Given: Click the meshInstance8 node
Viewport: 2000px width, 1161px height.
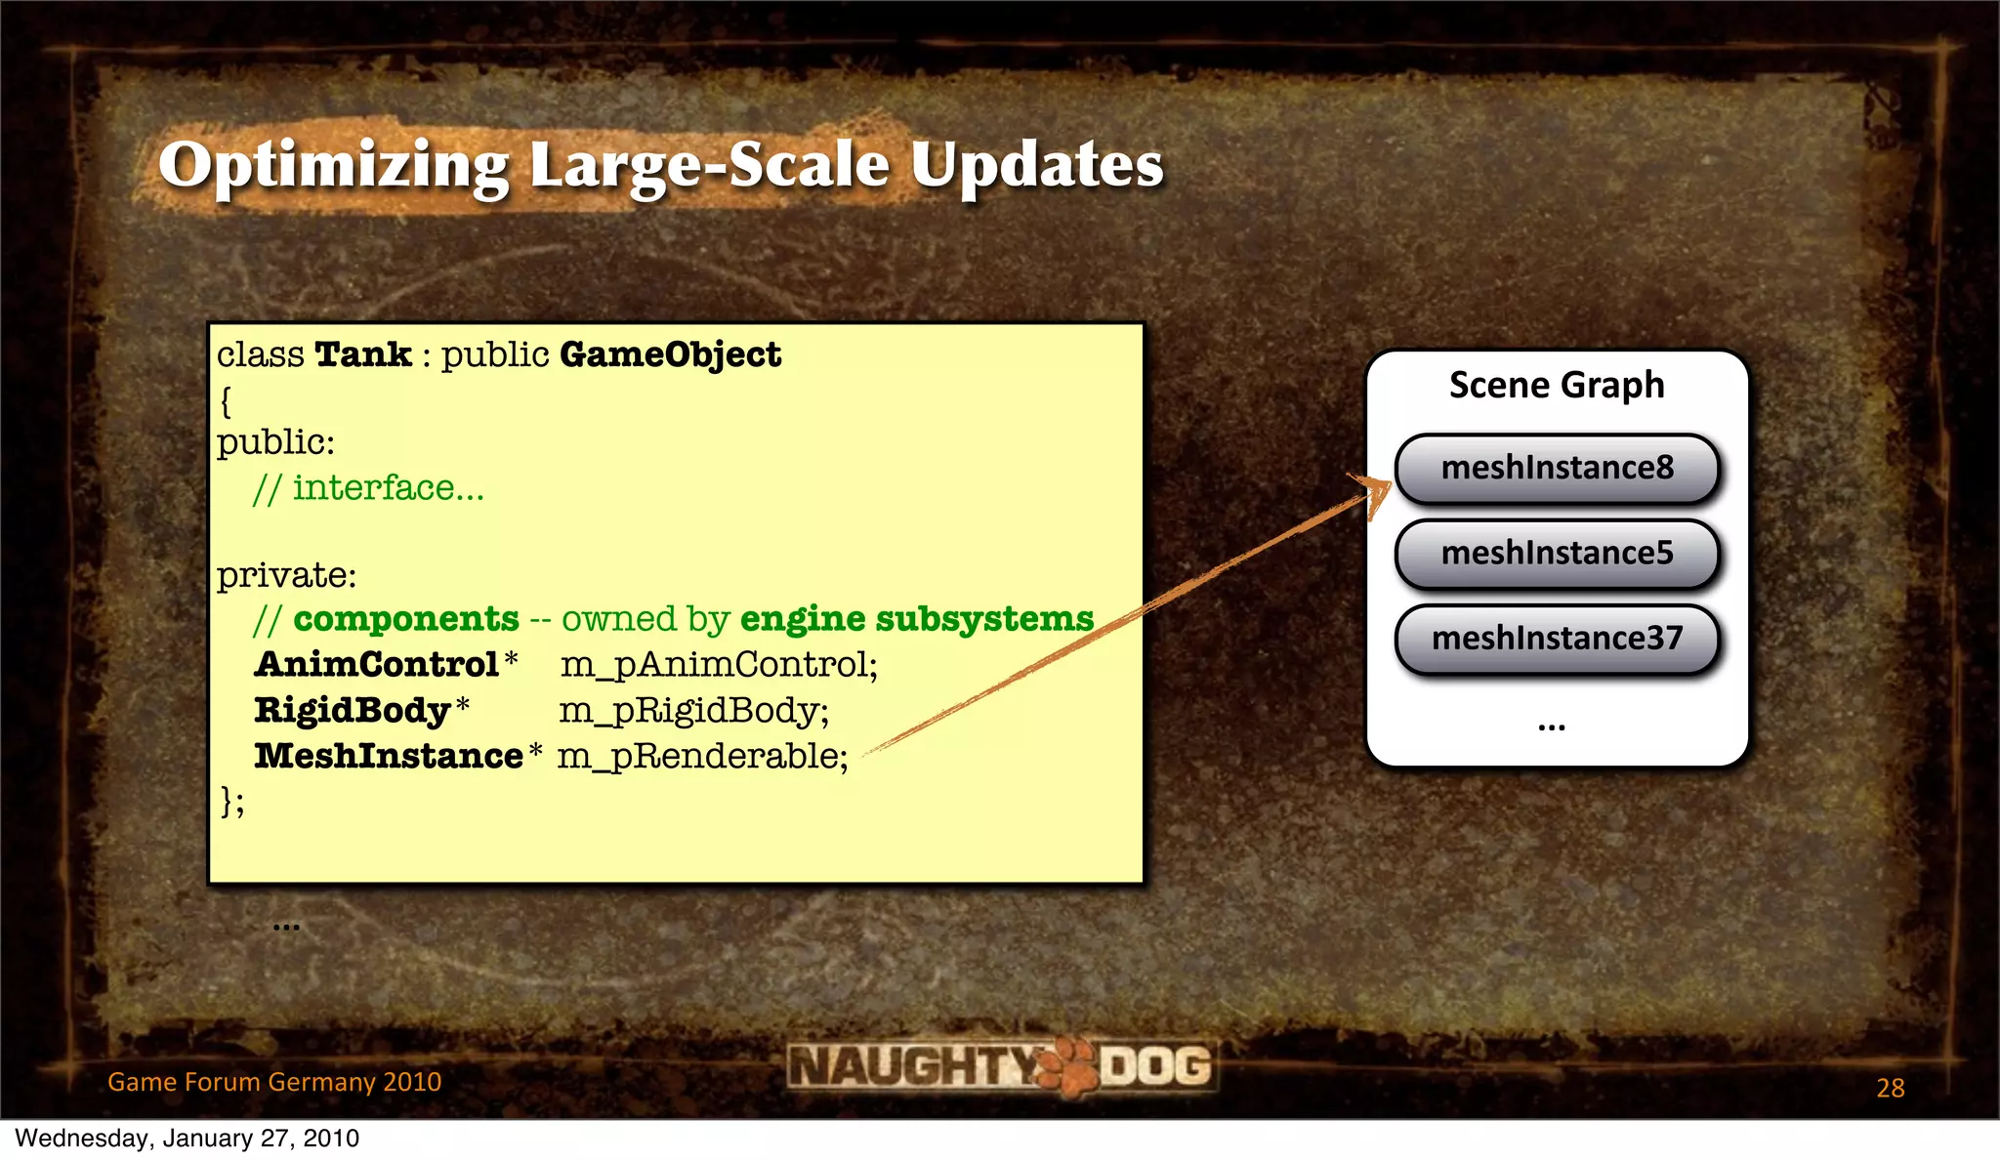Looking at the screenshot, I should [1557, 469].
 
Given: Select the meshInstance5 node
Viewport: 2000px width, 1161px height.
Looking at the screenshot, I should [1557, 554].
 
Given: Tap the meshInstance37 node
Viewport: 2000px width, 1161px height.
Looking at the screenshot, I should [1557, 639].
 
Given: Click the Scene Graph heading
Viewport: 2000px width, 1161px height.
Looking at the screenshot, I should [1557, 385].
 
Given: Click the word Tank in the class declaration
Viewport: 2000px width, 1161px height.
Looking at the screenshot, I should [362, 354].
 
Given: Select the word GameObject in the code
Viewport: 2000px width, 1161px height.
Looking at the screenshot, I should [670, 354].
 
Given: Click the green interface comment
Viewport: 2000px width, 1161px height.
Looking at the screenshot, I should [368, 487].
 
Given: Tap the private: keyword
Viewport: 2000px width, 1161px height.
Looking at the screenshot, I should [286, 575].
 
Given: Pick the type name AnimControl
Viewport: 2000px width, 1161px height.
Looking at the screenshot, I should [377, 665].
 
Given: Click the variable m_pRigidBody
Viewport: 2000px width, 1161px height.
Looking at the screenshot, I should [693, 710].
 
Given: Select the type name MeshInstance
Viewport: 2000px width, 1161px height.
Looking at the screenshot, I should [389, 756].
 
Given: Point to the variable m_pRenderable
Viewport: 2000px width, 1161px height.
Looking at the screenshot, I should [702, 756].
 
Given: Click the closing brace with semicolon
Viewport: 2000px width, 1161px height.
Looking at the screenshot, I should [232, 801].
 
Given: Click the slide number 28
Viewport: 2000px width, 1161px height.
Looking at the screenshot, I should [1890, 1088].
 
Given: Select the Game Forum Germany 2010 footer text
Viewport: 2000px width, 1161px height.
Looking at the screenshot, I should [274, 1082].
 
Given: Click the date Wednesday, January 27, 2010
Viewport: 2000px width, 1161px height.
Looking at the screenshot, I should [187, 1139].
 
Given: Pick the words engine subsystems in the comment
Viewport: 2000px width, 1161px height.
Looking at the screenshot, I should [916, 619].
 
